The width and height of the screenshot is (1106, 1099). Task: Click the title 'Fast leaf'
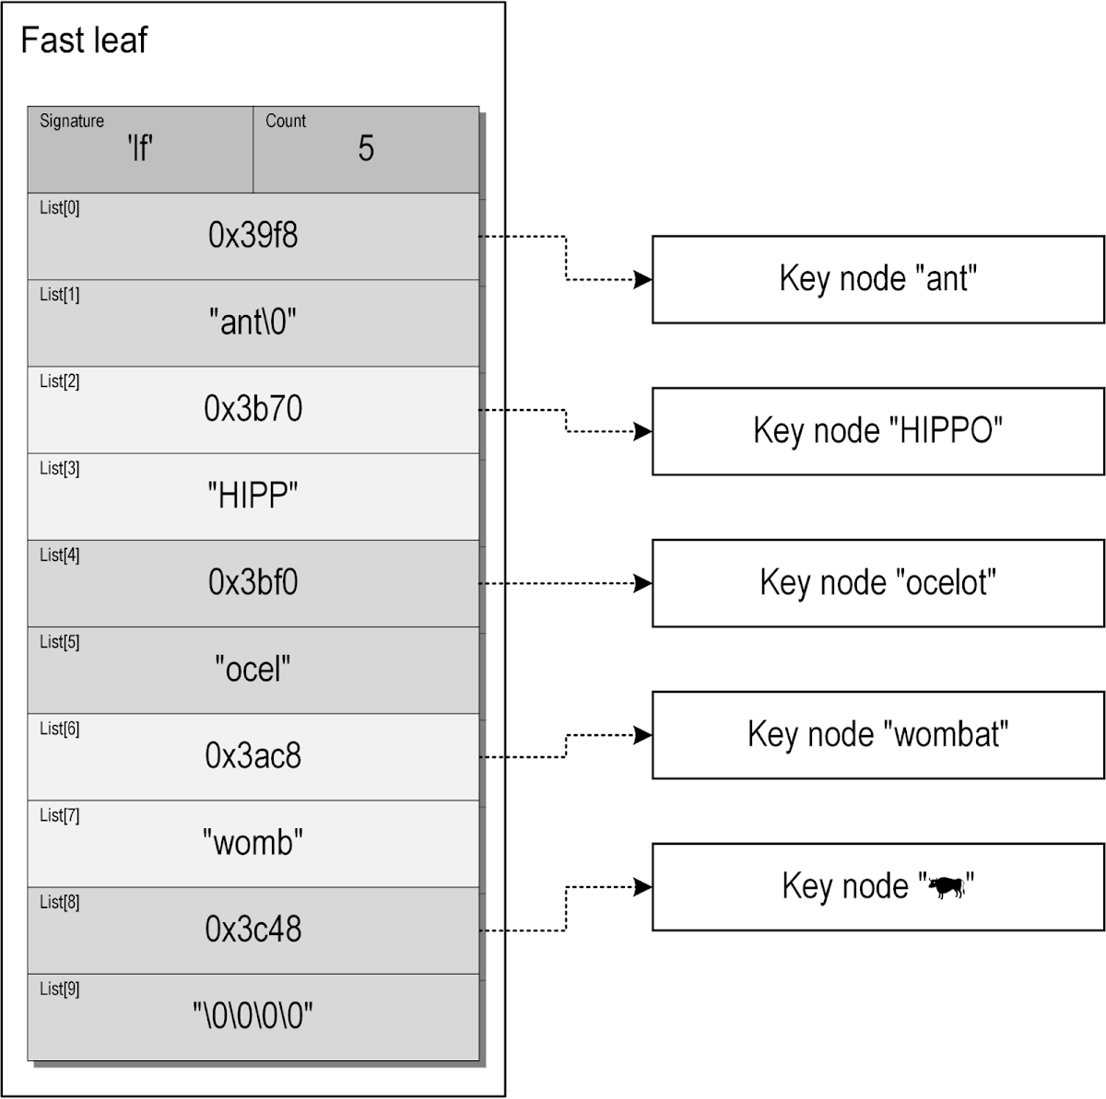click(x=84, y=41)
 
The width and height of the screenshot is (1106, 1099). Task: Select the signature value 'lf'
click(x=140, y=148)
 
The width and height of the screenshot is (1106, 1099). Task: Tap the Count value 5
click(x=366, y=148)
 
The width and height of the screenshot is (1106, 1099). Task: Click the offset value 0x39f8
click(x=253, y=236)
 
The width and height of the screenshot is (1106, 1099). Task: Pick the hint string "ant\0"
click(x=253, y=322)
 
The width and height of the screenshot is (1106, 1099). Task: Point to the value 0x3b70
click(x=253, y=409)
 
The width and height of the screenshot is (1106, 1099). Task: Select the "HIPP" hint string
click(x=253, y=497)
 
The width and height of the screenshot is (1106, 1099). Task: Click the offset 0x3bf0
click(x=253, y=583)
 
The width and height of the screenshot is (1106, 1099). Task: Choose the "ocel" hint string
click(x=253, y=670)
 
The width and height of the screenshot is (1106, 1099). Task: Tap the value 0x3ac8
click(x=253, y=756)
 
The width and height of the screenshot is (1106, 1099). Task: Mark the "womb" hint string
click(x=253, y=843)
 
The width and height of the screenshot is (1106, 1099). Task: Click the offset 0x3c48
click(x=253, y=929)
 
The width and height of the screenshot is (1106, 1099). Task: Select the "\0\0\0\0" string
click(x=253, y=1017)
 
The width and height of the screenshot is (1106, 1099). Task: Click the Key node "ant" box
click(x=877, y=279)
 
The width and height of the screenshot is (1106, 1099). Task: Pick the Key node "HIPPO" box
click(x=877, y=431)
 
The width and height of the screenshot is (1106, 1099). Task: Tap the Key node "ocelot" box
click(x=877, y=583)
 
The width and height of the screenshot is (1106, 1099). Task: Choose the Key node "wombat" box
click(x=877, y=735)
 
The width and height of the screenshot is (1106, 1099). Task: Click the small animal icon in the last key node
click(x=946, y=888)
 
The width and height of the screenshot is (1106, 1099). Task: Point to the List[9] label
click(x=59, y=989)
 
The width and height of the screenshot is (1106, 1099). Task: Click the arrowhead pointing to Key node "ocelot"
click(x=642, y=583)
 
